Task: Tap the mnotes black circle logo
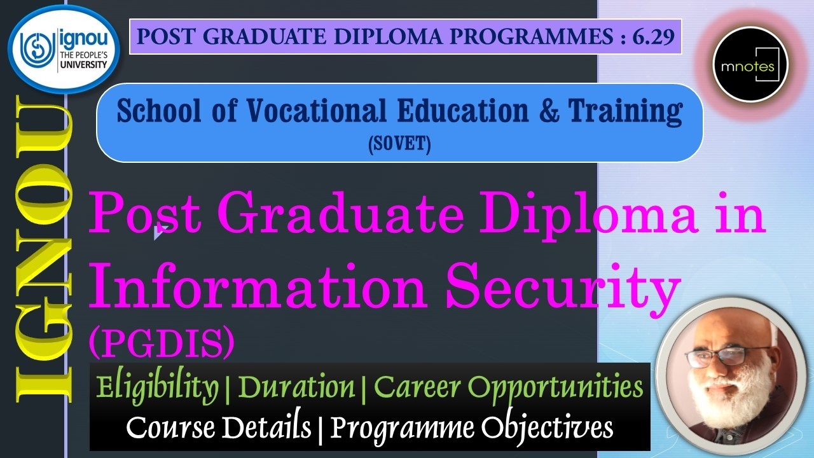(750, 65)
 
